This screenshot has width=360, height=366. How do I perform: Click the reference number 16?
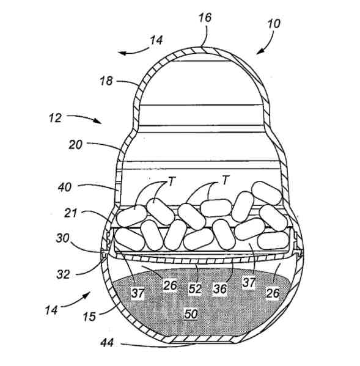[205, 18]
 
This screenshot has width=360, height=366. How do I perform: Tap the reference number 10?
[274, 24]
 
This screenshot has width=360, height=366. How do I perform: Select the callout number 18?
[106, 81]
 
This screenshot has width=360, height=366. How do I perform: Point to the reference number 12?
[56, 118]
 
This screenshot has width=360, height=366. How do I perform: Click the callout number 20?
[76, 145]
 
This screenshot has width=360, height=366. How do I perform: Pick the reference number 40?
[65, 187]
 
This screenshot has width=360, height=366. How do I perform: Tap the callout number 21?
[70, 213]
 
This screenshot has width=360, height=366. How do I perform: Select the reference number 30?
[62, 238]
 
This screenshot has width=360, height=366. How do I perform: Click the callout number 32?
[63, 274]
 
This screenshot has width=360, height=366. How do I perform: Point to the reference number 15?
[90, 317]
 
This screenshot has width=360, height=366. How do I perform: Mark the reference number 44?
[107, 343]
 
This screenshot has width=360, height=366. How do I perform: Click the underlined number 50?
[191, 313]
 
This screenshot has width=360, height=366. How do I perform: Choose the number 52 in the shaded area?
[195, 289]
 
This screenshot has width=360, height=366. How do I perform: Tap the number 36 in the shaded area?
[219, 289]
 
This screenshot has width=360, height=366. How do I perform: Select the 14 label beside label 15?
[51, 310]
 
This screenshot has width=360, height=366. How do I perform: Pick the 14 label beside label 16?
[156, 40]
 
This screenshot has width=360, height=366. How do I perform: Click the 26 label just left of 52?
[170, 285]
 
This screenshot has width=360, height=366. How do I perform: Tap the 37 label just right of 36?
[249, 283]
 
